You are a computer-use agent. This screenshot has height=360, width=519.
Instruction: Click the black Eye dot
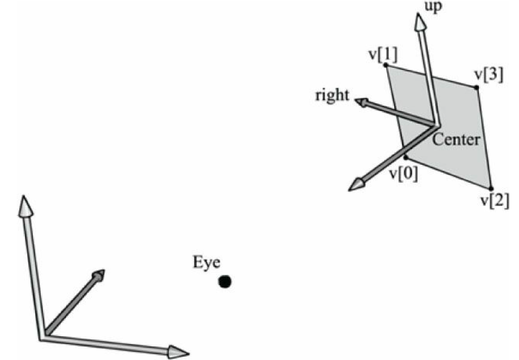[225, 281]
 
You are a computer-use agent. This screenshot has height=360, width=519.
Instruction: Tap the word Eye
[207, 263]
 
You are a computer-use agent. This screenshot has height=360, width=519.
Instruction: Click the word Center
[456, 139]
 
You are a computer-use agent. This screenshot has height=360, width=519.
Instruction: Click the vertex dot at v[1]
[386, 65]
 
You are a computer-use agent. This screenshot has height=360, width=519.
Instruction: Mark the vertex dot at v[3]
[477, 87]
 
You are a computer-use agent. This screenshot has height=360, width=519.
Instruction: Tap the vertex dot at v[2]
[491, 188]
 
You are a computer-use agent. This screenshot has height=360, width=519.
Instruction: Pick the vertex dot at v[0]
[406, 157]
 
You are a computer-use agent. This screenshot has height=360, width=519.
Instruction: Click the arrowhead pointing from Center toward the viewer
[356, 184]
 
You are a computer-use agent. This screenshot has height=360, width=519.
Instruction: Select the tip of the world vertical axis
[23, 205]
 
